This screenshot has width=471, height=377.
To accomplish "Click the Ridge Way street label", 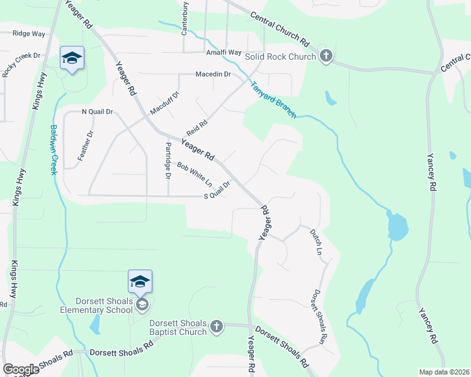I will click(29, 33).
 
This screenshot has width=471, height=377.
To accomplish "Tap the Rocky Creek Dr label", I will click(13, 61).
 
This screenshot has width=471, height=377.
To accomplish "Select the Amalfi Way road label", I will click(224, 52).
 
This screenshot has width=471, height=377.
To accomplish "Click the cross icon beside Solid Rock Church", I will click(326, 57).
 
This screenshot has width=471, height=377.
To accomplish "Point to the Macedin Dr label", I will click(213, 74).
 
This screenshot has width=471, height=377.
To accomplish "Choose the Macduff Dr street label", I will click(164, 104).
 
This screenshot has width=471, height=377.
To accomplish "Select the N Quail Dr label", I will click(97, 112).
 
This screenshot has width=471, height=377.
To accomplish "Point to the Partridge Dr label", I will click(168, 160).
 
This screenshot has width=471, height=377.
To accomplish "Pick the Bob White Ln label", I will click(195, 175).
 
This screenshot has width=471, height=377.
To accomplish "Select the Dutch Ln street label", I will click(316, 241).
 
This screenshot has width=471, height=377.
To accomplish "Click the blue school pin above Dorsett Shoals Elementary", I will click(140, 281).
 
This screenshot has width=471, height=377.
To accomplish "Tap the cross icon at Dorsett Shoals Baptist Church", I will click(216, 326).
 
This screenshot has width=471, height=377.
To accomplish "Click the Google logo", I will click(21, 369).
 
